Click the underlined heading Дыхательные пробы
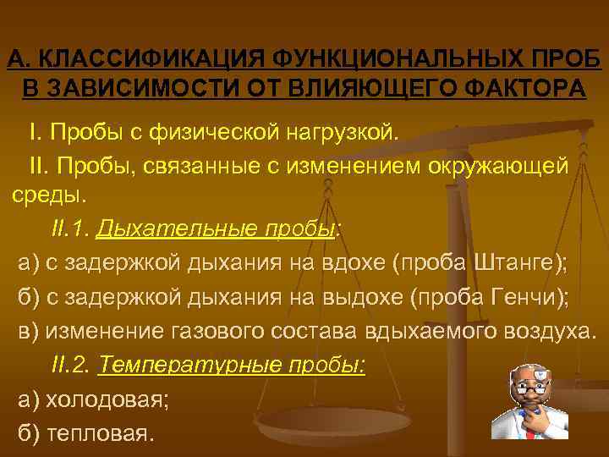(217, 229)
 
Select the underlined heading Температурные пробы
(232, 365)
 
